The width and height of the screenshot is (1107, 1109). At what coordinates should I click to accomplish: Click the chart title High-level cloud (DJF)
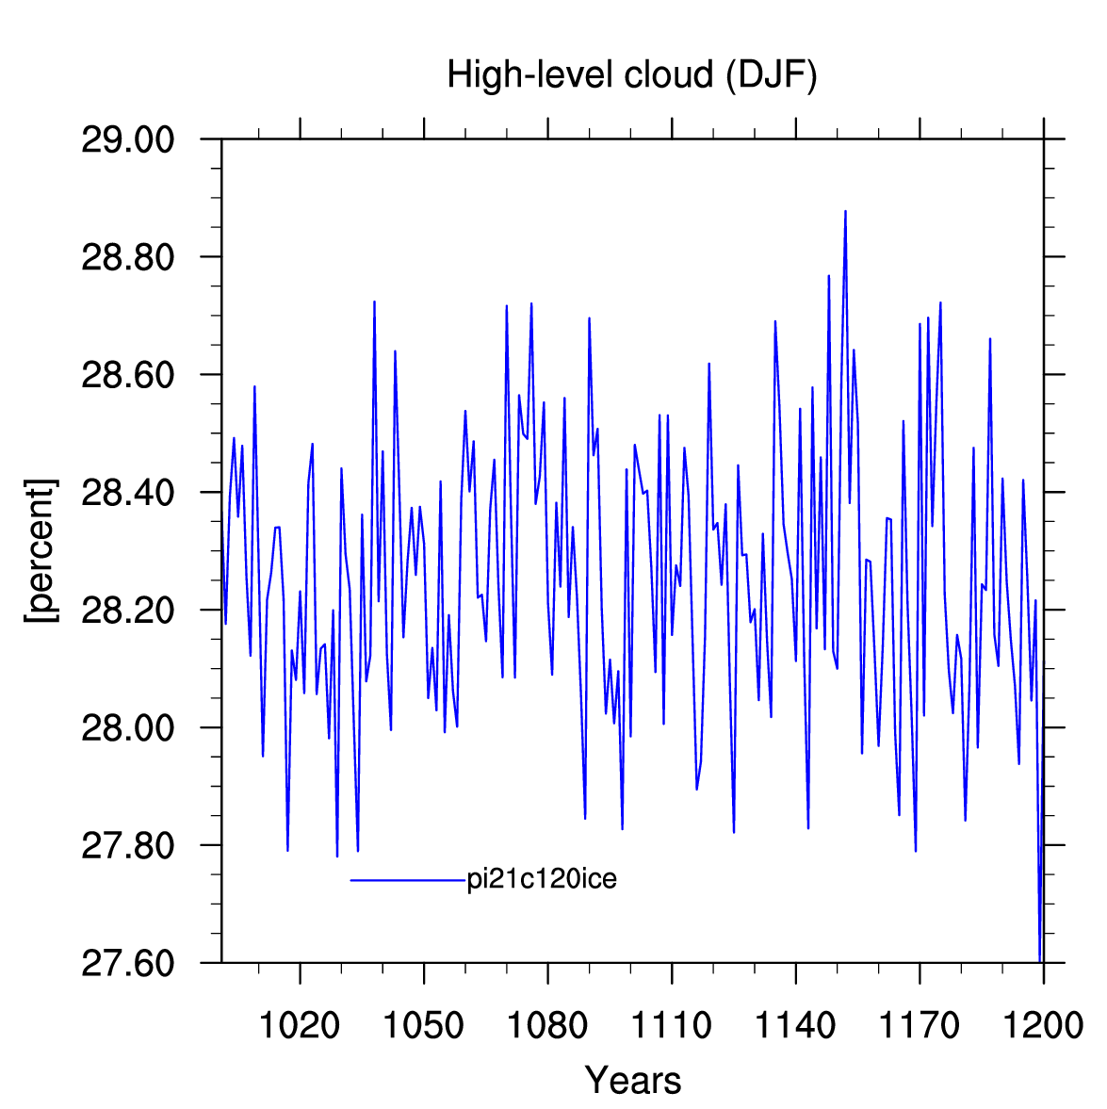631,75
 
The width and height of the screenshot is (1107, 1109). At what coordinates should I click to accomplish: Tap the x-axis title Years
632,1079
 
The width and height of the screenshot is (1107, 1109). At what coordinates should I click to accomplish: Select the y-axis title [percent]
41,551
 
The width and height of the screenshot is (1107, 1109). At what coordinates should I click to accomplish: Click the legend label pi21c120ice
542,879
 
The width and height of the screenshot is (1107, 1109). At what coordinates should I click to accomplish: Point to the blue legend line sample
408,881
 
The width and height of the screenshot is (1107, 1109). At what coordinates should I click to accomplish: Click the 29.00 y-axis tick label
127,140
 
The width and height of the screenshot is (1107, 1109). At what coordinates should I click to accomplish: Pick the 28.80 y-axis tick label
127,257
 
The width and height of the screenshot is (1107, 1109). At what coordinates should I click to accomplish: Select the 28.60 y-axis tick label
127,375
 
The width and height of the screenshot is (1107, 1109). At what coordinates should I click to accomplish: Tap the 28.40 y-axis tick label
127,492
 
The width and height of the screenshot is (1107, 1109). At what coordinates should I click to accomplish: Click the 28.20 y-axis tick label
127,610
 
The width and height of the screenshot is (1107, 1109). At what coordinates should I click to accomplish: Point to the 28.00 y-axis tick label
127,727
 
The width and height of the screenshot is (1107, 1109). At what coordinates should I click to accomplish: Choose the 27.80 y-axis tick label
127,845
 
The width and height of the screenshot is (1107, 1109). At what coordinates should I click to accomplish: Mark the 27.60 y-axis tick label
127,963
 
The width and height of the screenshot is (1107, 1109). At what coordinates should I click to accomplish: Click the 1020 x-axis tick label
300,1025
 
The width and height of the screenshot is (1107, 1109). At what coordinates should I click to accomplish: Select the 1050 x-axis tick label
424,1025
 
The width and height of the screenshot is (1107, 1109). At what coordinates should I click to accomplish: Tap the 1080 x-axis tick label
547,1025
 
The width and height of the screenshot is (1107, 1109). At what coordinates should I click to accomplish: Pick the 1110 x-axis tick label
672,1025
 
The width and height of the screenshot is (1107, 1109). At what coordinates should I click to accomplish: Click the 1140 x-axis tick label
796,1025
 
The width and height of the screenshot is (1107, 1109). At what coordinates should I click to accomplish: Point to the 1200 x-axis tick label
1043,1025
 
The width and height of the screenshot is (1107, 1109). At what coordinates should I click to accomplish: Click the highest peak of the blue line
845,211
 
